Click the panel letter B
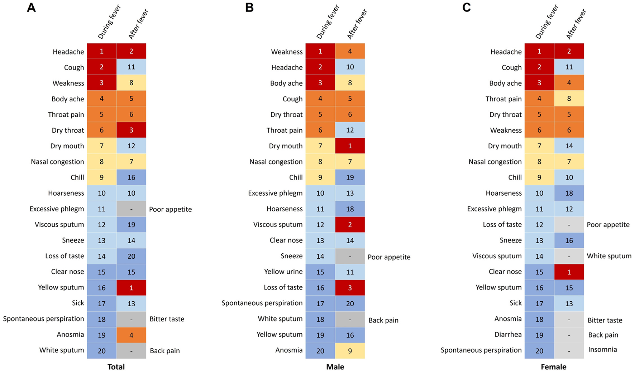249,8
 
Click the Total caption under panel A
116,367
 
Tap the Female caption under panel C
554,367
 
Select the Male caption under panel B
335,367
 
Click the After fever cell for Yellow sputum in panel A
131,287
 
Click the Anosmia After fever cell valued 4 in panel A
131,335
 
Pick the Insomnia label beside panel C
602,349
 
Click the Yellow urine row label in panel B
283,272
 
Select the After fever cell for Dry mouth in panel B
350,146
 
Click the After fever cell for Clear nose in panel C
569,272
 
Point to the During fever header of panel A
109,22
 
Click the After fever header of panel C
576,24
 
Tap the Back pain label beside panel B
383,320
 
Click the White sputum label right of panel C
609,256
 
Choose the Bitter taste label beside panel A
167,319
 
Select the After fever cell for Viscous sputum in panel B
350,225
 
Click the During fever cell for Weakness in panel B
320,51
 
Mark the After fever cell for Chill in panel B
350,177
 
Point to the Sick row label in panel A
78,303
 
